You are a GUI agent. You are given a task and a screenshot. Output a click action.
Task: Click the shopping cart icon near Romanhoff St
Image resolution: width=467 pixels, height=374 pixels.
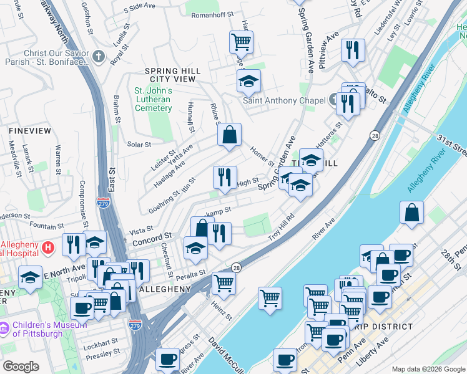click(241, 42)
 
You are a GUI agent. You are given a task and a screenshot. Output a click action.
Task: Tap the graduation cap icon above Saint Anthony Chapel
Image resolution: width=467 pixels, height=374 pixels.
click(248, 81)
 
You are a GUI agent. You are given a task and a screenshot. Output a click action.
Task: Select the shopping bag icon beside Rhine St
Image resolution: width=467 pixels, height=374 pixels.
click(229, 135)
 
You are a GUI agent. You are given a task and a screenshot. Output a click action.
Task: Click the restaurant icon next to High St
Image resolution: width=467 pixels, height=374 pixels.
click(225, 177)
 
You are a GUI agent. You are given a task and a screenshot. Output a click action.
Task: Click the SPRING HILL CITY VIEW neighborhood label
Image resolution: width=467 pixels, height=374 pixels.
click(170, 75)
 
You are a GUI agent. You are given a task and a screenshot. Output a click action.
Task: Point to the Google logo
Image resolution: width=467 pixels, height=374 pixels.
click(21, 367)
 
